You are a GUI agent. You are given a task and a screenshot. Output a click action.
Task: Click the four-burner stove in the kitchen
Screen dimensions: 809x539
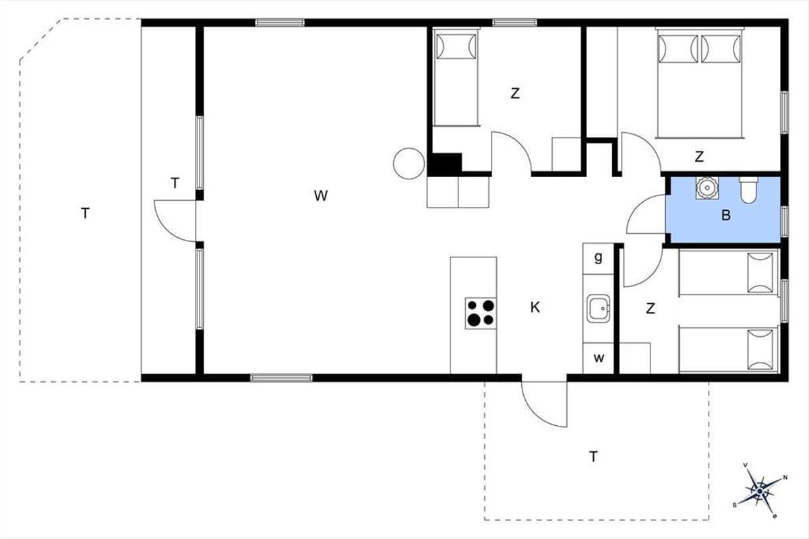[x=480, y=313]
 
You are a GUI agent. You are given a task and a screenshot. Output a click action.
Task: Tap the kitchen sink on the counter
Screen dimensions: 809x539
[x=598, y=309]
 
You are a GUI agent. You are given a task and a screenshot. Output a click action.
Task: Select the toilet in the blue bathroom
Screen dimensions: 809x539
[x=749, y=189]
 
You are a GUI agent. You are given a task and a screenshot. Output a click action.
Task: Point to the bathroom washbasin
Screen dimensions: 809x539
[x=707, y=188]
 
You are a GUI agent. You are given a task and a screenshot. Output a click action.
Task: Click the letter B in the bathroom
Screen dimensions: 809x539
[x=726, y=215]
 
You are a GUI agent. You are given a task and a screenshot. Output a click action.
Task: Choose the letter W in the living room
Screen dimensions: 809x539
[x=321, y=195]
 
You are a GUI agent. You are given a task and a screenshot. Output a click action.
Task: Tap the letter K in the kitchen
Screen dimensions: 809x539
[x=535, y=307]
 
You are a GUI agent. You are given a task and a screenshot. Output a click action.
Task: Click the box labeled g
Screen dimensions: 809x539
[x=598, y=259]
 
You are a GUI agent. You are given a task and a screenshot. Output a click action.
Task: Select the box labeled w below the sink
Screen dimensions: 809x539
[x=599, y=358]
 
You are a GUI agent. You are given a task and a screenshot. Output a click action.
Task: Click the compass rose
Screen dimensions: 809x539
[x=760, y=491]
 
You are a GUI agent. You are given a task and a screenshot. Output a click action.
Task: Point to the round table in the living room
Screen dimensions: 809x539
[x=409, y=164]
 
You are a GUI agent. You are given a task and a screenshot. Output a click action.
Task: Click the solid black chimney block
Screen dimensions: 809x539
[x=444, y=164]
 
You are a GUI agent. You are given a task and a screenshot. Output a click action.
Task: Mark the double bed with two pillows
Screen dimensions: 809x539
[x=700, y=83]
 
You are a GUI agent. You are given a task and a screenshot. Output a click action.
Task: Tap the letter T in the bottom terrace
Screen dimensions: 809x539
[x=593, y=457]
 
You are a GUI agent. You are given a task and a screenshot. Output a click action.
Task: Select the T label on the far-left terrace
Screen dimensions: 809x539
[x=85, y=214]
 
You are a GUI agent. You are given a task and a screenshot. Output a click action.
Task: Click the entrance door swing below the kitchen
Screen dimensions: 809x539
[x=544, y=404]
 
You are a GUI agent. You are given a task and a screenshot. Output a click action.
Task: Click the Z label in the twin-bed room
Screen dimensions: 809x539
[x=651, y=309]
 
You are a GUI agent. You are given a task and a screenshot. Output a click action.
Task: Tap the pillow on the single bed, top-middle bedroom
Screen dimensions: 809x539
[x=456, y=46]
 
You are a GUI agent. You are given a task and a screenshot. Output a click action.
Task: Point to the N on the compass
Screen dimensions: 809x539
[x=785, y=478]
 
